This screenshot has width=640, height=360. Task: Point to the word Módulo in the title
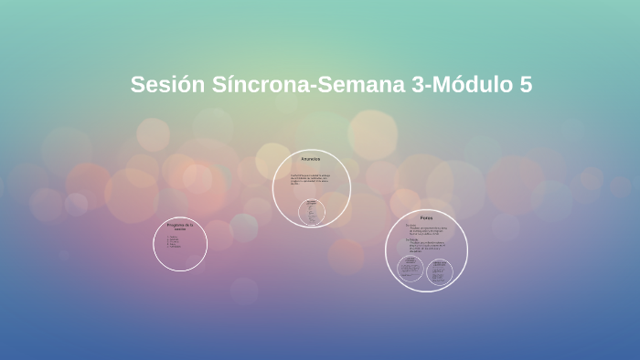tap(475, 85)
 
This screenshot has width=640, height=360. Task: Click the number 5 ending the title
tap(526, 85)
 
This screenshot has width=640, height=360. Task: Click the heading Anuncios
tap(312, 160)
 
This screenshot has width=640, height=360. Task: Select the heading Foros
tap(426, 217)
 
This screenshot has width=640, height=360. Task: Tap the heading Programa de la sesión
tap(180, 226)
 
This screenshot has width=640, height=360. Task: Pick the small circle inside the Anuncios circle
tap(312, 212)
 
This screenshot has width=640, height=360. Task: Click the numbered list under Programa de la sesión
tap(174, 241)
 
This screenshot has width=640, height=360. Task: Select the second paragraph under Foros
tap(426, 246)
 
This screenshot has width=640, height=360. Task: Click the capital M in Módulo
tap(447, 85)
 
